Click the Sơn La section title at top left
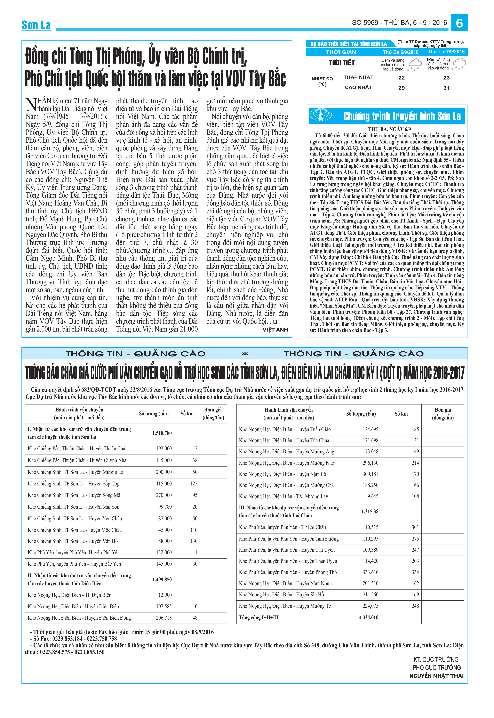(36, 25)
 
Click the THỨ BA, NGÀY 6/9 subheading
(389, 129)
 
